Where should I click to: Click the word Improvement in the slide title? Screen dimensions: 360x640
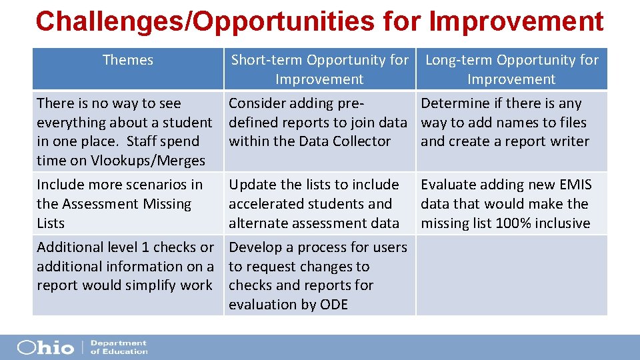click(x=517, y=21)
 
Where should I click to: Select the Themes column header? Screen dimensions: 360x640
click(x=128, y=60)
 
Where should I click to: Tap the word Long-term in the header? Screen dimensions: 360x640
click(x=458, y=60)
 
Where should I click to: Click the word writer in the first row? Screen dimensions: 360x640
click(x=569, y=141)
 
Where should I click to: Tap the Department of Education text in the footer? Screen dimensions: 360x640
click(x=119, y=347)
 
